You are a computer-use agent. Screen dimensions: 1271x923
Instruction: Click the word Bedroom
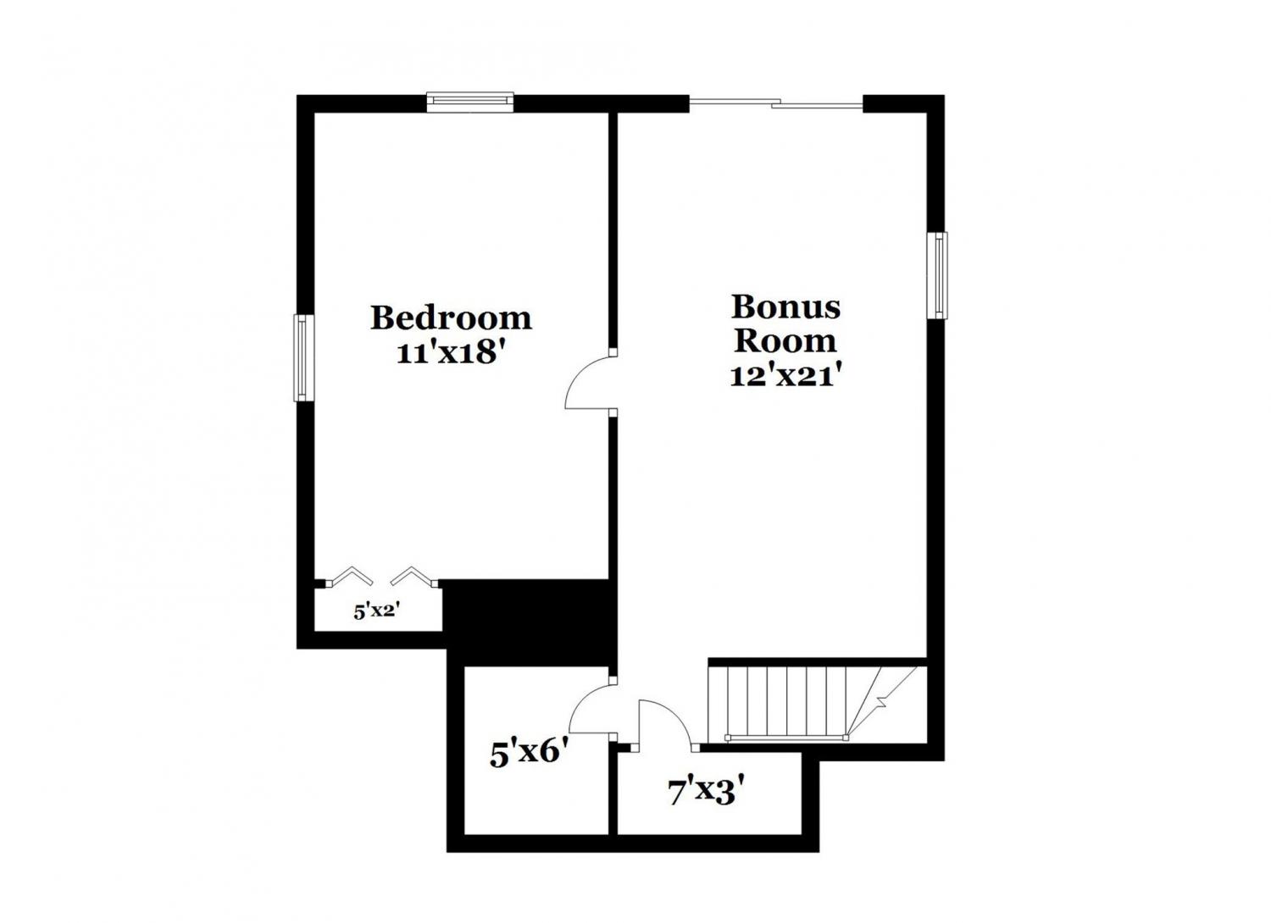coord(451,318)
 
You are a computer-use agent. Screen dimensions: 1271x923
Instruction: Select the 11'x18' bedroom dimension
coord(451,354)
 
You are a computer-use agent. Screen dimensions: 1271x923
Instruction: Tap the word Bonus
coord(785,307)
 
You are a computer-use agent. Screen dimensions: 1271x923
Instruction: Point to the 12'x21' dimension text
coord(785,375)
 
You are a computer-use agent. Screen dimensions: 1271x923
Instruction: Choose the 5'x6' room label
coord(529,754)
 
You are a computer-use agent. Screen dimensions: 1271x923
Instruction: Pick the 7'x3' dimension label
coord(705,792)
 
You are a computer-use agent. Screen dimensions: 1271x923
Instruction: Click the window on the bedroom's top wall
coord(470,102)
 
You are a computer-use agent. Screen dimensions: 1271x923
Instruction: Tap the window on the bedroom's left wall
coord(303,357)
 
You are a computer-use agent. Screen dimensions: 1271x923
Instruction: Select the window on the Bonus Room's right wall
coord(937,275)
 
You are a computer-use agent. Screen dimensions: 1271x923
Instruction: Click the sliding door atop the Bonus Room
coord(775,102)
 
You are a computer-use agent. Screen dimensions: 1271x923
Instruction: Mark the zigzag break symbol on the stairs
coord(880,703)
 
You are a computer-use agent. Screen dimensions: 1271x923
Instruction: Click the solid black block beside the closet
coord(528,622)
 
